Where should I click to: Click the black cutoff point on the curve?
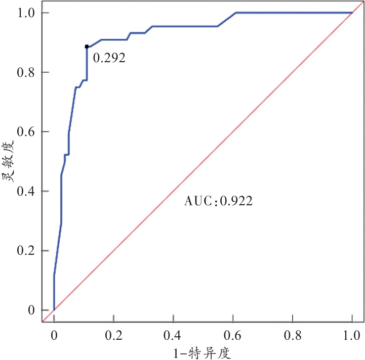[87, 47]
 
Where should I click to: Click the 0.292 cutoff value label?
[109, 58]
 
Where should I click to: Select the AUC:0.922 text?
[218, 201]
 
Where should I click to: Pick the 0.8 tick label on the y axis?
[25, 72]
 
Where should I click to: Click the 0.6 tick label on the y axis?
[25, 131]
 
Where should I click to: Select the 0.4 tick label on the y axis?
[25, 191]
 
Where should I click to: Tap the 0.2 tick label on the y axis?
[25, 251]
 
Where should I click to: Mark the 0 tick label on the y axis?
[31, 309]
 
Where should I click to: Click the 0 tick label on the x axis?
[54, 334]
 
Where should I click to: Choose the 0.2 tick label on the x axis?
[113, 334]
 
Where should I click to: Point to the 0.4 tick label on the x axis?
[173, 334]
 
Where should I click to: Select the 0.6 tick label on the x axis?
[233, 334]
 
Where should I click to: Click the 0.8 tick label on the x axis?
[292, 334]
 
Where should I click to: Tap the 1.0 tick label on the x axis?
[352, 334]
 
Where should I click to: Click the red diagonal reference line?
[202, 161]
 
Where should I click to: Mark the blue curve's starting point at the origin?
[54, 309]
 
